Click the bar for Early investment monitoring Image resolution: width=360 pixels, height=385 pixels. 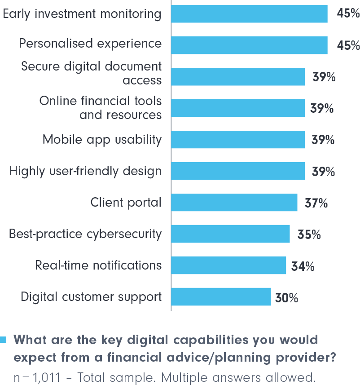point(249,13)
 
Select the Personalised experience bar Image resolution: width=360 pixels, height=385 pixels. point(249,45)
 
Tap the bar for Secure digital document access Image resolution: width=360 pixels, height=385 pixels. point(238,76)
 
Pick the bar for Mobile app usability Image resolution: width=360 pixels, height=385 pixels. point(238,139)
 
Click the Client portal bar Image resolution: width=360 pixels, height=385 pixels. point(234,202)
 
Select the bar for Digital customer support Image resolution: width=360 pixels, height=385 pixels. point(221,296)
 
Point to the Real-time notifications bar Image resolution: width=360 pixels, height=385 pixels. point(228,265)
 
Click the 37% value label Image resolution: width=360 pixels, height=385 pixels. point(316,203)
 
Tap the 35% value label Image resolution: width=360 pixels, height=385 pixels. point(309,235)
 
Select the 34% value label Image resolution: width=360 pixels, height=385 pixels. point(303,266)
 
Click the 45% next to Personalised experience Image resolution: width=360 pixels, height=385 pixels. point(348,45)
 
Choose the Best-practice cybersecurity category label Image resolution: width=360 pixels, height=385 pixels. point(85,234)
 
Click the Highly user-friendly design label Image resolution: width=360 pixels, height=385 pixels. point(85,171)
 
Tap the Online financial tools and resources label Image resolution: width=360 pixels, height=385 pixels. point(101,108)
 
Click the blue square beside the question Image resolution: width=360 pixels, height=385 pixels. point(4,339)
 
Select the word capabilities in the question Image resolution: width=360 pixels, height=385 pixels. point(198,340)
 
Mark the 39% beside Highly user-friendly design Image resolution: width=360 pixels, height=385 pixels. point(323,172)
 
